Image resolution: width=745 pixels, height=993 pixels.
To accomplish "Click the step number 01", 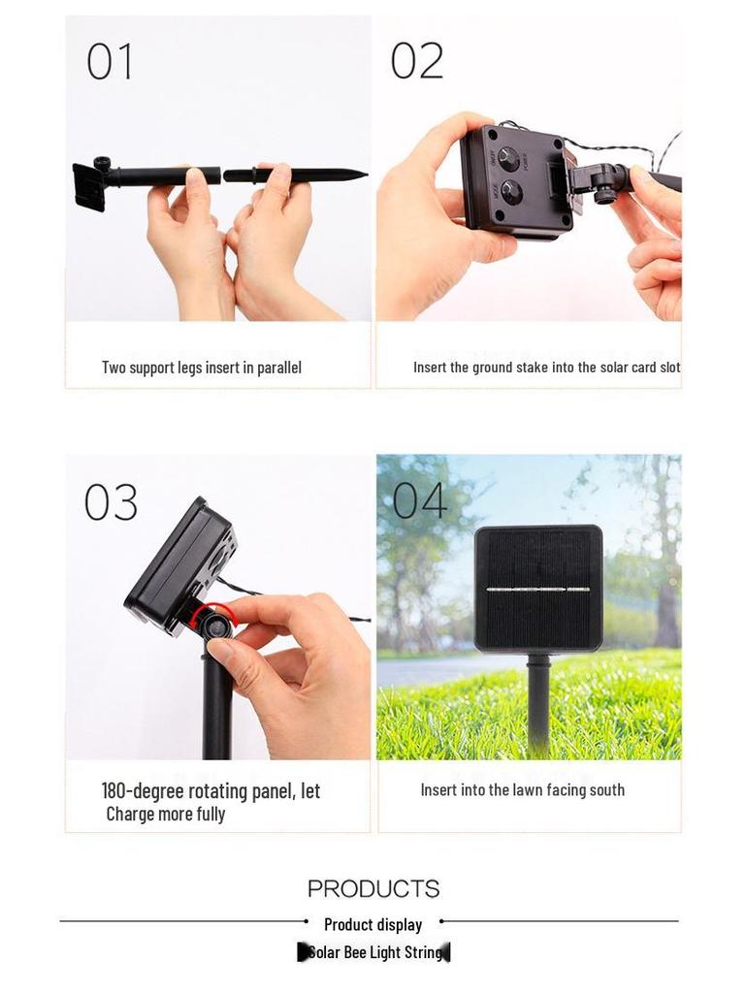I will click(x=110, y=62).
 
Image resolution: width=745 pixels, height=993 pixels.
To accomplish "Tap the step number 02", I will click(x=416, y=61).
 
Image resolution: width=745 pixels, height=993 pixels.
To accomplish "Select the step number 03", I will click(x=111, y=502).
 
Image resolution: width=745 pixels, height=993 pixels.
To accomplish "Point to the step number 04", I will click(x=419, y=501).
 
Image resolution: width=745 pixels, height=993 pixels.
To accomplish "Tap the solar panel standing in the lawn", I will click(x=537, y=588).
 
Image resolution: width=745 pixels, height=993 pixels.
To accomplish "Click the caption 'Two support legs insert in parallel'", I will click(x=202, y=368).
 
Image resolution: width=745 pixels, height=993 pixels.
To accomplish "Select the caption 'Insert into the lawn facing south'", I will click(x=522, y=790).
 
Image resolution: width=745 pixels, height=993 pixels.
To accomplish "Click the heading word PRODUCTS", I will click(x=373, y=888).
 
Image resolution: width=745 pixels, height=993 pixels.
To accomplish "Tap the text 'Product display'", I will click(x=373, y=924).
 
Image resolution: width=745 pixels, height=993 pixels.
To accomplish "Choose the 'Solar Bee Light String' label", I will click(x=374, y=952).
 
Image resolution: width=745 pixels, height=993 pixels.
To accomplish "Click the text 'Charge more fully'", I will click(x=166, y=815).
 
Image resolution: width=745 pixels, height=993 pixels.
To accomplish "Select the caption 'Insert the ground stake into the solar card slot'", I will click(x=546, y=368).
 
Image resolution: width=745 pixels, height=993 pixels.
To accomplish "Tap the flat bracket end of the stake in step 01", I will click(x=89, y=186).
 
